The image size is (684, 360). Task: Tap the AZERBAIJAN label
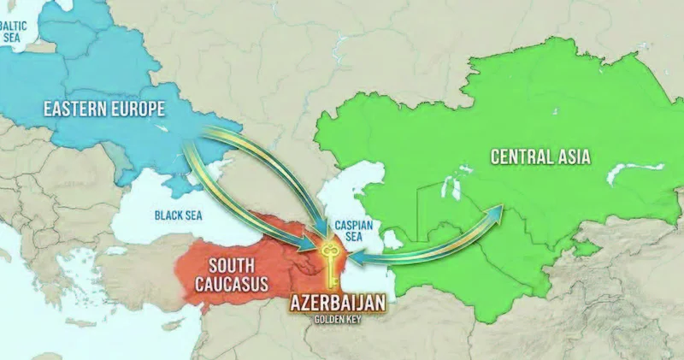pyautogui.click(x=338, y=303)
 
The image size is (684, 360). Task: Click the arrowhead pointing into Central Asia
pyautogui.click(x=493, y=210)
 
